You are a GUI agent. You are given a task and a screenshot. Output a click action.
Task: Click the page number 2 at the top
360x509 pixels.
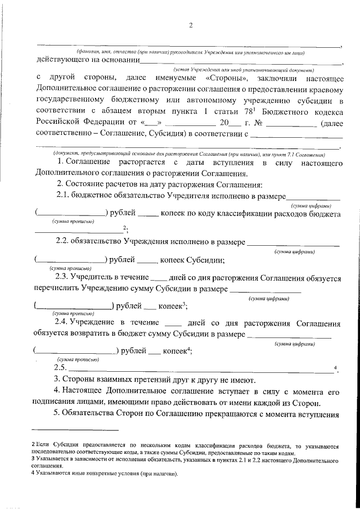191,25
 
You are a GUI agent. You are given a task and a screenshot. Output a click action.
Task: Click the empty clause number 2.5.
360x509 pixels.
60,368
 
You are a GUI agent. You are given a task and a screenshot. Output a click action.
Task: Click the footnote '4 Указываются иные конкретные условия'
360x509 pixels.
103,474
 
